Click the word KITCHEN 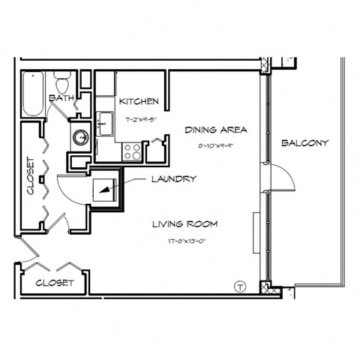point(139,101)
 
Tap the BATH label point(60,98)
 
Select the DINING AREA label point(216,130)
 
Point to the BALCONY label point(304,142)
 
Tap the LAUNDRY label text point(174,179)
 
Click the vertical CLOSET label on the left point(31,176)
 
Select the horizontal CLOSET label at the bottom point(55,283)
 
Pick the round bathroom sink point(80,137)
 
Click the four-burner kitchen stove point(132,151)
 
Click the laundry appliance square point(103,191)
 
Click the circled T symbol point(240,285)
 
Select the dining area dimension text point(216,148)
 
